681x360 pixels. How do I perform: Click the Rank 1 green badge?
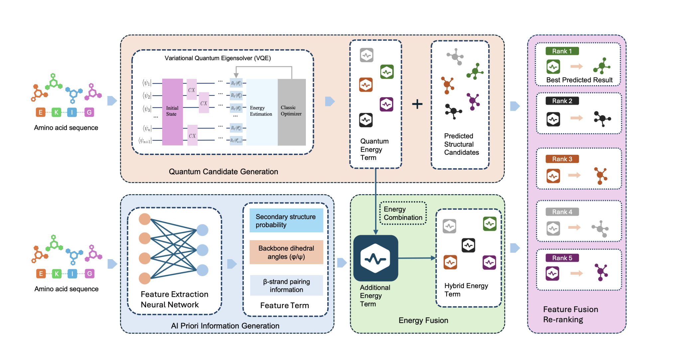coord(562,51)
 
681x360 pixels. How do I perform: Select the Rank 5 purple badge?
coord(562,258)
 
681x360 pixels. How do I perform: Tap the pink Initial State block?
coord(172,111)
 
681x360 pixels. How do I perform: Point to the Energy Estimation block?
coord(261,111)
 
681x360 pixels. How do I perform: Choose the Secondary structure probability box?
coord(286,221)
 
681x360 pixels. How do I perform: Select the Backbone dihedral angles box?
coord(286,252)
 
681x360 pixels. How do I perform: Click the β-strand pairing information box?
coord(286,285)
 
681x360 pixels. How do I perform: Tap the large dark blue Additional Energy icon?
coord(375,259)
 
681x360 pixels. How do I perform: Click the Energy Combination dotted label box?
coord(403,213)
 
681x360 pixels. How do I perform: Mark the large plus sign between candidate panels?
coord(417,104)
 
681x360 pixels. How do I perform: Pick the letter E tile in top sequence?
coord(41,112)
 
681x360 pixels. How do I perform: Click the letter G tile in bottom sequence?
coord(89,273)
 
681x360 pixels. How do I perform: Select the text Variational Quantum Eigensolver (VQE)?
coord(218,58)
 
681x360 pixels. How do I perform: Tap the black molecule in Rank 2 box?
coord(602,119)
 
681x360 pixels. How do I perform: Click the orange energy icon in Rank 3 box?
coord(553,176)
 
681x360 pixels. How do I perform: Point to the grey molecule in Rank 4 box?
coord(600,229)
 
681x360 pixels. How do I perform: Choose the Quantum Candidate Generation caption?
coord(223,172)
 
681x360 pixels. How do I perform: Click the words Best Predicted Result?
coord(579,80)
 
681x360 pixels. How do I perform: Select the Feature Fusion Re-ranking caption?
coord(570,314)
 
